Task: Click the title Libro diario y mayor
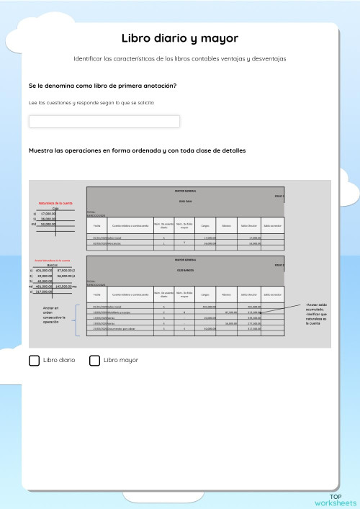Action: point(179,38)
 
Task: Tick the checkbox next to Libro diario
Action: point(35,360)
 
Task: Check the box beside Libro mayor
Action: point(94,360)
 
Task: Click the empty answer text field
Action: point(104,122)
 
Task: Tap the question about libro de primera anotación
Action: point(102,86)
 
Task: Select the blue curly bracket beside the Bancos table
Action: point(76,320)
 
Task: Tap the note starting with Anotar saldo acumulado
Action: point(316,314)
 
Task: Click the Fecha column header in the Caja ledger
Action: point(96,225)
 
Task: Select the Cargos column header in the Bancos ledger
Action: point(207,294)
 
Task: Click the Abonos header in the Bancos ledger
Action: point(227,294)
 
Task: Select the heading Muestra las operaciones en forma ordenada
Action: point(137,151)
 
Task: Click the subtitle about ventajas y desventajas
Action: point(179,59)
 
